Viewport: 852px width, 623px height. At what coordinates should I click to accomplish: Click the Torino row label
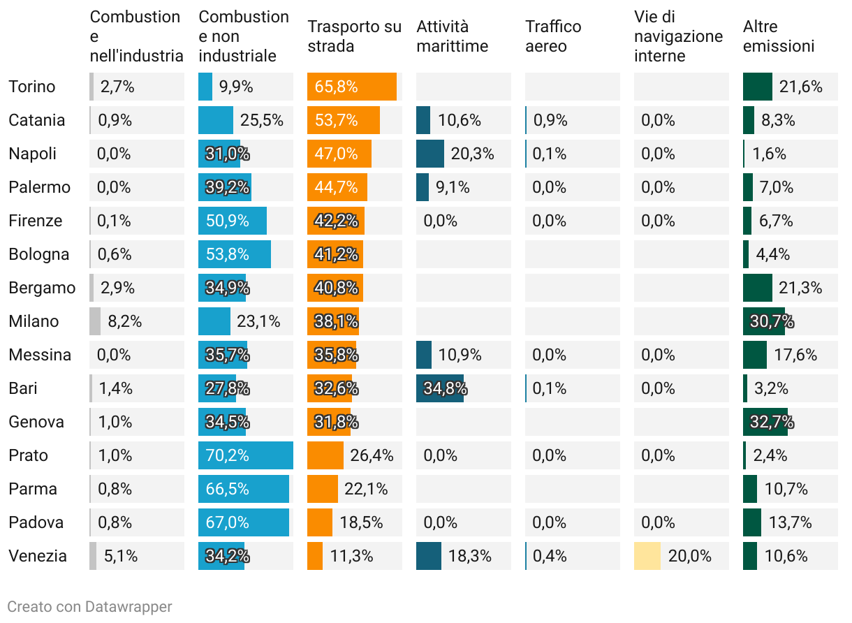click(31, 87)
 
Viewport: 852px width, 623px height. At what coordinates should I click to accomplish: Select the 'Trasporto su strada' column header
click(354, 36)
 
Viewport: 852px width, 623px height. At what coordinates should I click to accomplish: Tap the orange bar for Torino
click(352, 87)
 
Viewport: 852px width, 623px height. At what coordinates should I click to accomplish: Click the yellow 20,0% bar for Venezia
click(647, 556)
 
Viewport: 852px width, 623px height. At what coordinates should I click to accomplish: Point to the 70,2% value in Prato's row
click(228, 455)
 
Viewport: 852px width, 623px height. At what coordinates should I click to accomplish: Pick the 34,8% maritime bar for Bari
click(440, 388)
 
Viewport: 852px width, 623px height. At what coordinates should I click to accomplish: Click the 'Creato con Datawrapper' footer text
click(89, 606)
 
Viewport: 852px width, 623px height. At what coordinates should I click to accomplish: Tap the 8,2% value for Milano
click(125, 321)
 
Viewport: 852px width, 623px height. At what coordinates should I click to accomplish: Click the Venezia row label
click(38, 556)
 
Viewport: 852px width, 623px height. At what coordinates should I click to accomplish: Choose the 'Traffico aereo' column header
click(553, 36)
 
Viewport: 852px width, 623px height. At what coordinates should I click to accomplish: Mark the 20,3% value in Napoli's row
click(472, 154)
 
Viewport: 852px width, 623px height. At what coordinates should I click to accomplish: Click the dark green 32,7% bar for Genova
click(765, 422)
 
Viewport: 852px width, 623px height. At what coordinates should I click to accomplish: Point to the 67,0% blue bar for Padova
click(244, 522)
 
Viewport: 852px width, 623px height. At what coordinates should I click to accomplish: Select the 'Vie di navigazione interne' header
click(678, 36)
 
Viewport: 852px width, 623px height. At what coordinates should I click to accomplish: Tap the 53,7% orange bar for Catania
click(344, 120)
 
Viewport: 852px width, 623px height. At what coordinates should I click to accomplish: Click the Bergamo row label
click(42, 288)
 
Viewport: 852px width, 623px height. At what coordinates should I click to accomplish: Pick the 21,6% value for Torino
click(801, 87)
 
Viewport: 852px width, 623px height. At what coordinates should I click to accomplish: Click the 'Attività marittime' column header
click(452, 36)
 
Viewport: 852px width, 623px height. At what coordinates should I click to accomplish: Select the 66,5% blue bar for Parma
click(244, 489)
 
